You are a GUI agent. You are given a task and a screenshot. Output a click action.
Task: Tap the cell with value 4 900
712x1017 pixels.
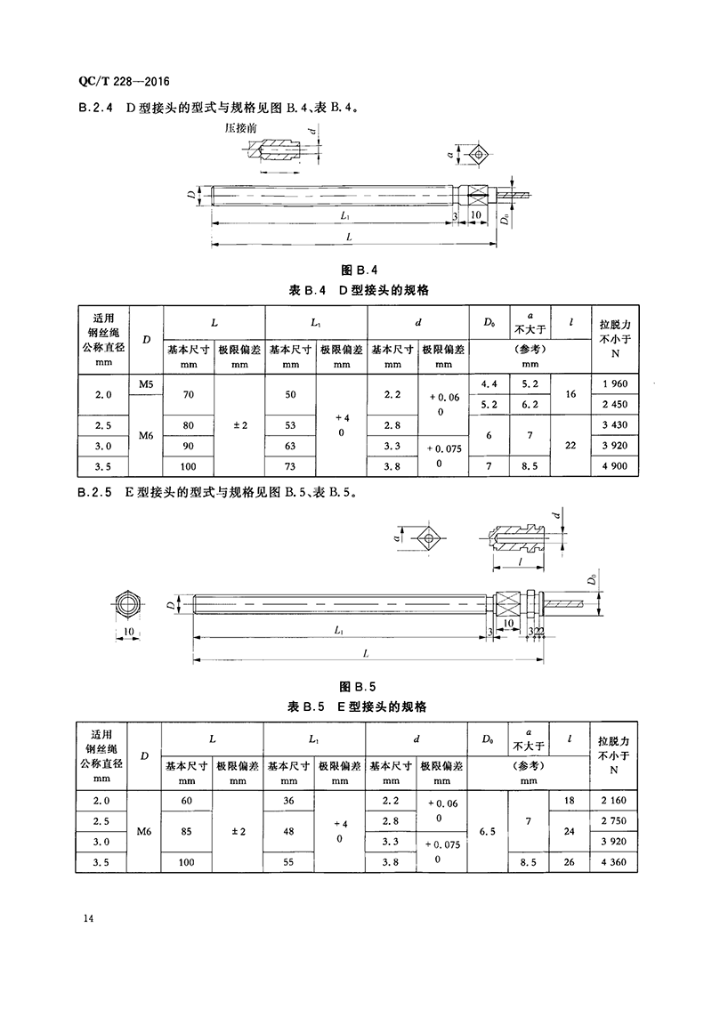click(x=614, y=465)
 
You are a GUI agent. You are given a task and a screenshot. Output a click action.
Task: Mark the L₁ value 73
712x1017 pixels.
click(x=291, y=465)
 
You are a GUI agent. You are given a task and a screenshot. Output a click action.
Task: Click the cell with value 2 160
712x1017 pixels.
click(x=614, y=801)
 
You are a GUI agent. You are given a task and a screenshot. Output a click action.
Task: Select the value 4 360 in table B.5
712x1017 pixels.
click(x=614, y=861)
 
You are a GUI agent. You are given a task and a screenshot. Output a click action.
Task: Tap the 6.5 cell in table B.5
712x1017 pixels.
click(x=488, y=831)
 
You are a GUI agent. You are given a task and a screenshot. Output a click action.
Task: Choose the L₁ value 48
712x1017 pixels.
click(x=289, y=831)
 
